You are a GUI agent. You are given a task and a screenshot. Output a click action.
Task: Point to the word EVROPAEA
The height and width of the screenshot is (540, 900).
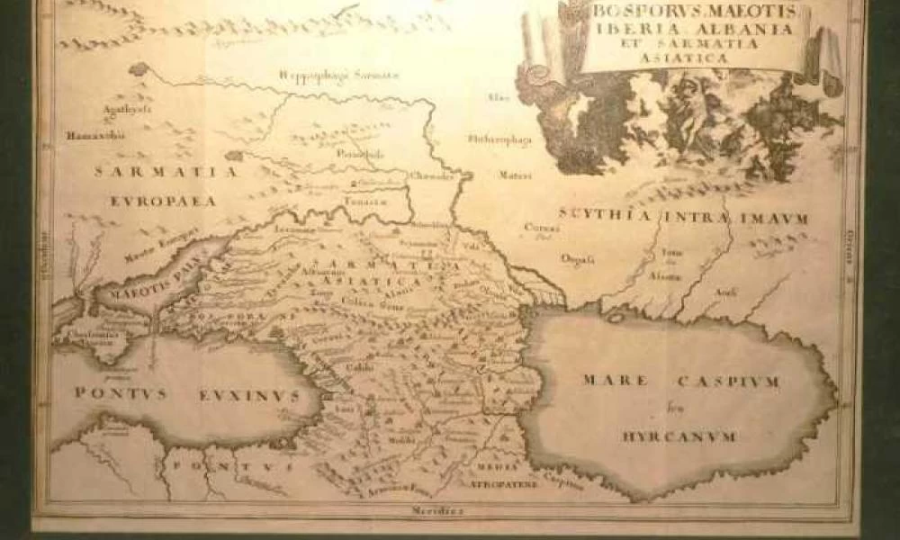tap(164, 201)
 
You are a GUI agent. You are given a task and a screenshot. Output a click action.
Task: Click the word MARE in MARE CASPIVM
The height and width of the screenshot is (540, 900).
tap(614, 381)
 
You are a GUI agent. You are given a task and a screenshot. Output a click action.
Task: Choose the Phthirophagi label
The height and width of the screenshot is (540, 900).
tap(500, 139)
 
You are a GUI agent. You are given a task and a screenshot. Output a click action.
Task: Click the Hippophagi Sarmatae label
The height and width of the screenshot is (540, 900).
tap(338, 75)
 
